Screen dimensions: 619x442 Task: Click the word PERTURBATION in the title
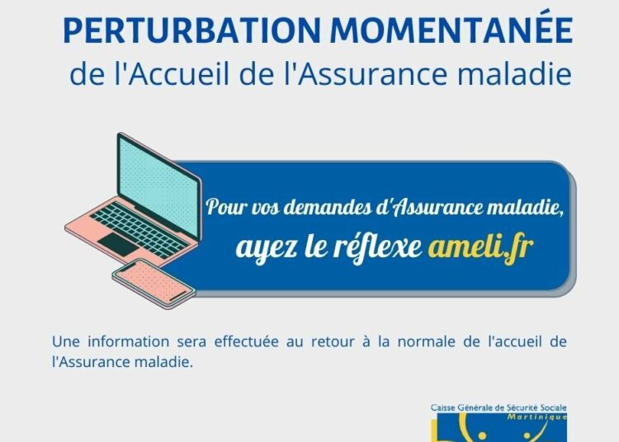click(191, 31)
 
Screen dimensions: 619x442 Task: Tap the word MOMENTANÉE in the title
click(451, 27)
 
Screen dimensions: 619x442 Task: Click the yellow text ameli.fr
click(481, 247)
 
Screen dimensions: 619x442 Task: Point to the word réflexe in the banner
click(377, 247)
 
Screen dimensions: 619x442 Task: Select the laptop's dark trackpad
click(118, 244)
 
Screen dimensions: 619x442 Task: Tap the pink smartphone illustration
click(154, 282)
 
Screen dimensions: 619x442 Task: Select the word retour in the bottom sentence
click(333, 342)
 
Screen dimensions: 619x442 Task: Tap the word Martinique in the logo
click(537, 416)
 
